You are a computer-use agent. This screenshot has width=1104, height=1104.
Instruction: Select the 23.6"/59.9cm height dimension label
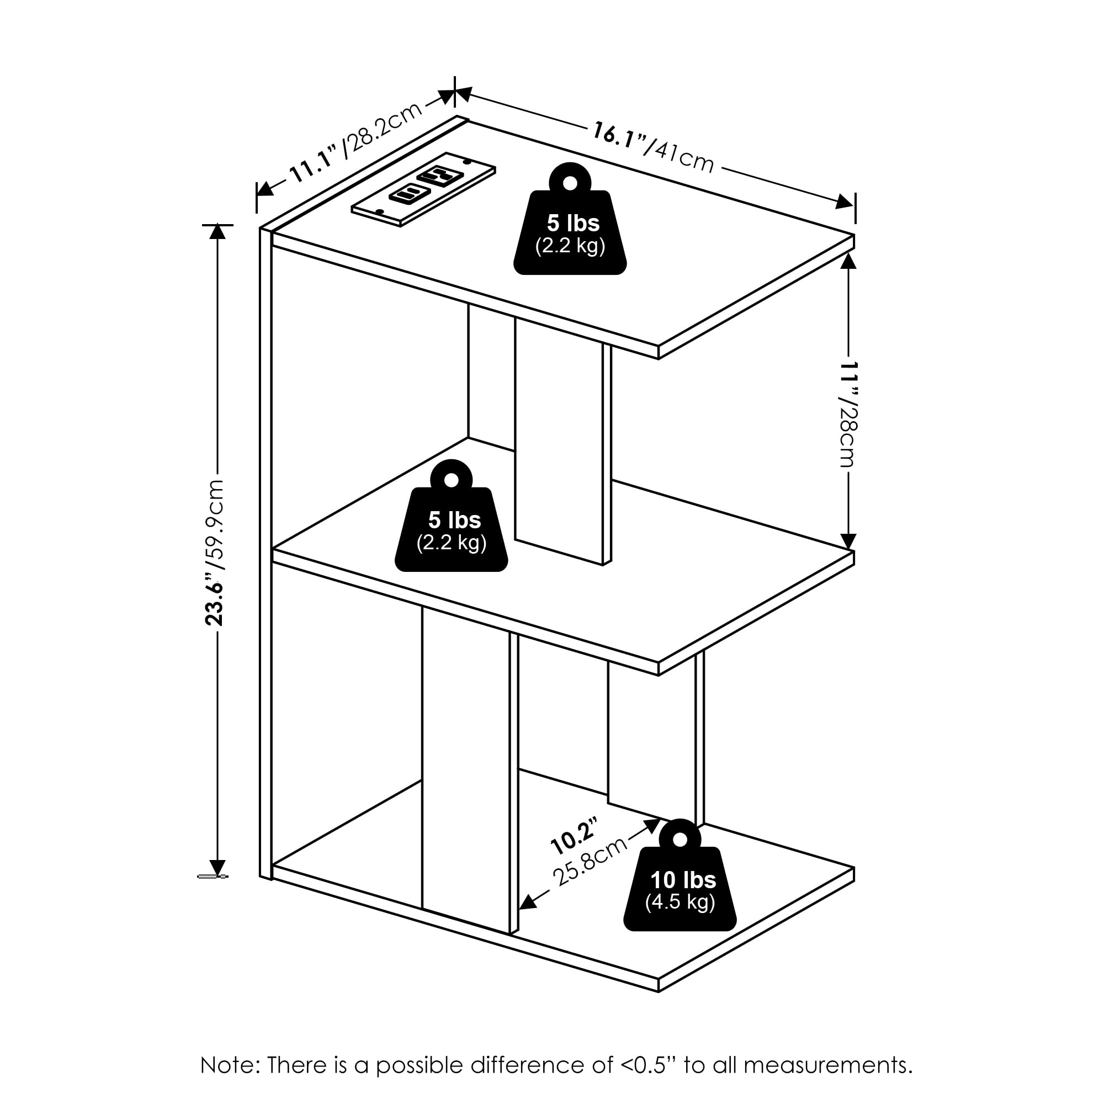(216, 552)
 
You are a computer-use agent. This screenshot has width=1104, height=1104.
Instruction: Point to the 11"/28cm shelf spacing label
(848, 415)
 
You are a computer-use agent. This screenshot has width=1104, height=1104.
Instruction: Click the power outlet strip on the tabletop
(423, 189)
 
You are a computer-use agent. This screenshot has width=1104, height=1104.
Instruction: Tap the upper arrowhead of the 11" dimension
(848, 261)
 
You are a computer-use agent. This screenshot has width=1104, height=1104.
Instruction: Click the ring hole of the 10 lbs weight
(680, 840)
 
